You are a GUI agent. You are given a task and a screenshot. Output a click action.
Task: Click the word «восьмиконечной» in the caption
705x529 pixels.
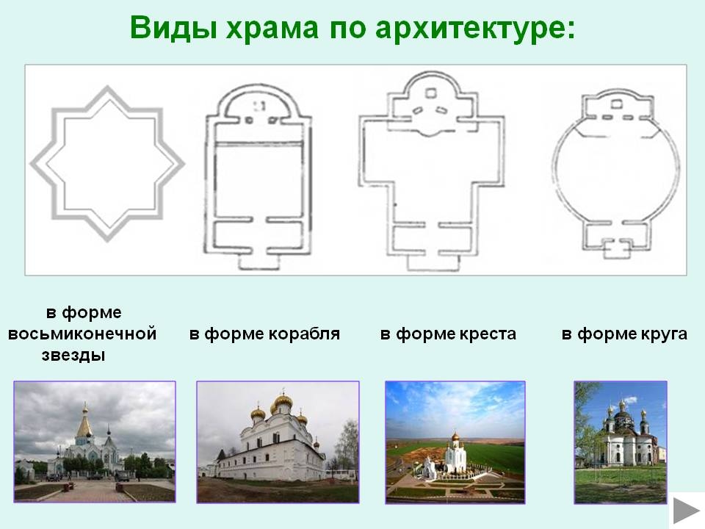82,334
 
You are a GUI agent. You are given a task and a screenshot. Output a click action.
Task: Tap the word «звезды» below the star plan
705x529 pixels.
73,356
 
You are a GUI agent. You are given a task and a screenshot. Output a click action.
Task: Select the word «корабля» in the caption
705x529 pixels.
304,334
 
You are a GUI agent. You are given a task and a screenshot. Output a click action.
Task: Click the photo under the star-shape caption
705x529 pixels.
95,442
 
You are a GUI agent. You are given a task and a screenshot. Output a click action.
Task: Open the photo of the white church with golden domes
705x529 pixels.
278,442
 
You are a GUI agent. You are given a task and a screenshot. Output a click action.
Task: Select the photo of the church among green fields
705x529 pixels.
455,442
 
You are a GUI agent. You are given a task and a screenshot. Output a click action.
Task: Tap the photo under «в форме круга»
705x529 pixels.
621,442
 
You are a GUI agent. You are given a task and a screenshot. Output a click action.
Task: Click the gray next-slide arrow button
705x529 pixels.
687,511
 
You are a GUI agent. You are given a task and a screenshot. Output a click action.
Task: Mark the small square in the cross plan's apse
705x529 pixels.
431,93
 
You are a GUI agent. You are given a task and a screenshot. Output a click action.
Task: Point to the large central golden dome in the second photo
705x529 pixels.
283,402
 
